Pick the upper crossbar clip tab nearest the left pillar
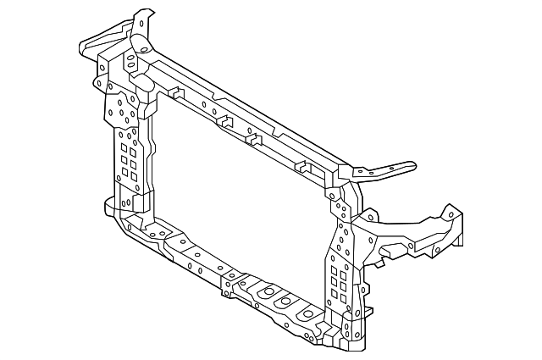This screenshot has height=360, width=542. click(175, 91)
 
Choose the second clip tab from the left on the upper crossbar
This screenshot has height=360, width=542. click(225, 122)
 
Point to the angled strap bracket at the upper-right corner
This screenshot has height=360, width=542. click(385, 172)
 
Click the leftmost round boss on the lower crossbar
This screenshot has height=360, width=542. click(264, 292)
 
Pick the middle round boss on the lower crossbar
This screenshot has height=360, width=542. click(285, 302)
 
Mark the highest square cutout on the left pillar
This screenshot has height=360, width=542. click(124, 145)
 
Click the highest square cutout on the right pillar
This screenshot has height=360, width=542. click(333, 269)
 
